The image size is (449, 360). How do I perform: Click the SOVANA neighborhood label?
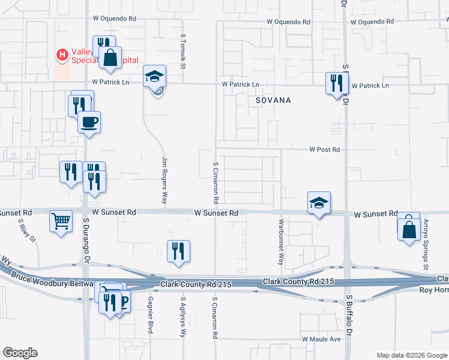coord(273,100)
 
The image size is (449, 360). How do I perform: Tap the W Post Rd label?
coord(325,149)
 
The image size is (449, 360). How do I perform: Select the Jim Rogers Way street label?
coord(164,180)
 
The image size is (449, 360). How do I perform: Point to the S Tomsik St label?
coord(183,50)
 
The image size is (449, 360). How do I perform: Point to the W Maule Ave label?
coord(321,339)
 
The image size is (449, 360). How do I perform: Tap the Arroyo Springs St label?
coord(426,242)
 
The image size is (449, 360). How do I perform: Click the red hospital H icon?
coord(62,55)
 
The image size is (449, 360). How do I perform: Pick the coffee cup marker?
coord(89,122)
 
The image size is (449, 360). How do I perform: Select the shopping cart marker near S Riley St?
coord(61,221)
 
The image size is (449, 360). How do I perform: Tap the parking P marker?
coord(124,302)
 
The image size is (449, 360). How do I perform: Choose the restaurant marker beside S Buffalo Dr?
coord(336,82)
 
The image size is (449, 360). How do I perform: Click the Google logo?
coord(20,353)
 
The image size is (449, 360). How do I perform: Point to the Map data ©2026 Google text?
coord(411,355)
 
